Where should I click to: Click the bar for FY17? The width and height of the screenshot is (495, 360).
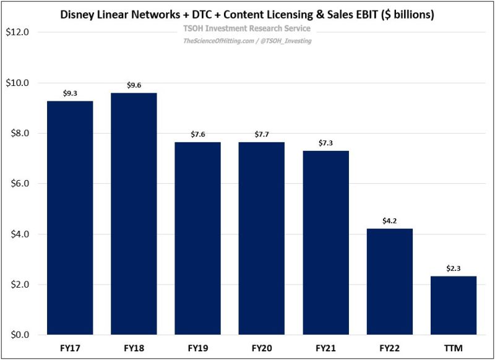point(69,218)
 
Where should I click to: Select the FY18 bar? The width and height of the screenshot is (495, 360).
point(133,213)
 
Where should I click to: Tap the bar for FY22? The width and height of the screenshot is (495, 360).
point(389,281)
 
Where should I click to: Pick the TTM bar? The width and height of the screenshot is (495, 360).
point(453,305)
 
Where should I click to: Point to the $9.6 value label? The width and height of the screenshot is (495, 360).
point(133,85)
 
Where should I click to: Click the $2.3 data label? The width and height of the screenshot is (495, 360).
point(453,268)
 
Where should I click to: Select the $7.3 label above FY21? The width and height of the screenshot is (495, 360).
point(325,143)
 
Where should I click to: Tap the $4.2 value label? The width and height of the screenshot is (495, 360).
point(389,221)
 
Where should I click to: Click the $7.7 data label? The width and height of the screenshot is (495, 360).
point(261,134)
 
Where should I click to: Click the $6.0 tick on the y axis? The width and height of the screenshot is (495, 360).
point(18,184)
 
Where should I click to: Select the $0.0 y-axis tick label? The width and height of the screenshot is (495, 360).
point(18,335)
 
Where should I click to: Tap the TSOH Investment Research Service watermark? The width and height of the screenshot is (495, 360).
point(247,29)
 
